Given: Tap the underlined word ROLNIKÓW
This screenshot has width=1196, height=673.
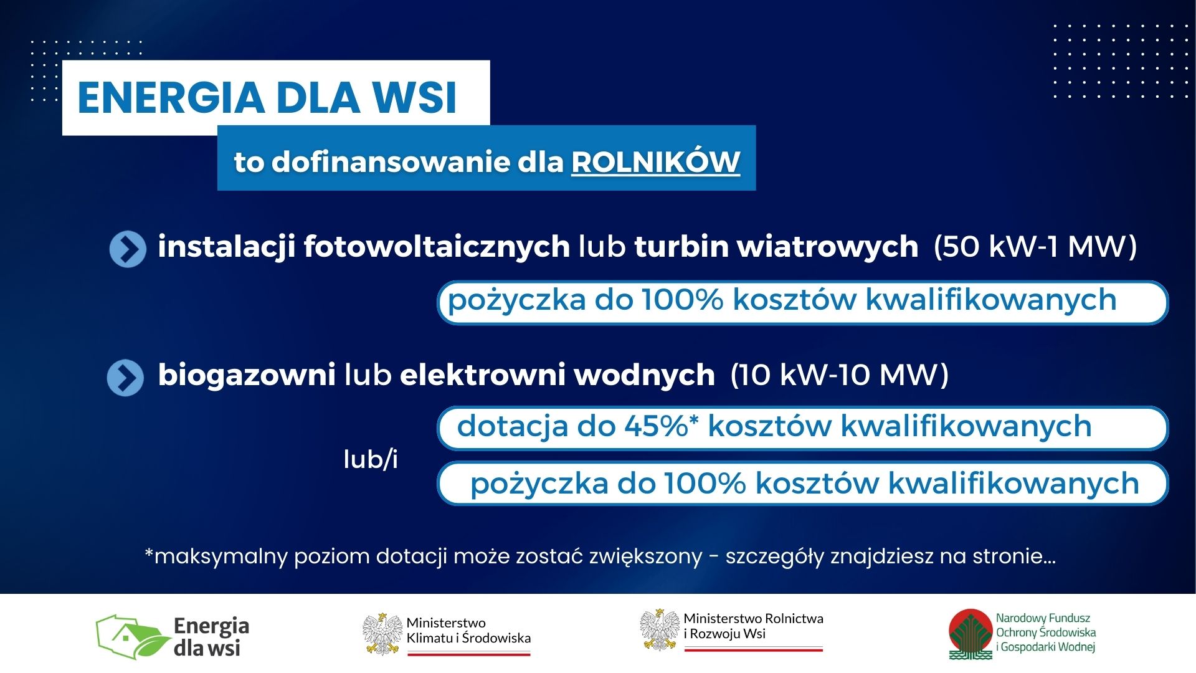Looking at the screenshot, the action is pyautogui.click(x=655, y=161).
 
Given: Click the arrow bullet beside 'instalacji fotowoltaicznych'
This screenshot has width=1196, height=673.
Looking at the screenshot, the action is pyautogui.click(x=128, y=249).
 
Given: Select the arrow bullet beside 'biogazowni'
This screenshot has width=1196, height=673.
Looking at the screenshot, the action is pyautogui.click(x=125, y=378).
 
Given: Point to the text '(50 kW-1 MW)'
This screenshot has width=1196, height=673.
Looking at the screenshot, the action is pyautogui.click(x=1035, y=247).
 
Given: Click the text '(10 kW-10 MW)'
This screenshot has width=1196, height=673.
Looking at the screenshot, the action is pyautogui.click(x=839, y=375).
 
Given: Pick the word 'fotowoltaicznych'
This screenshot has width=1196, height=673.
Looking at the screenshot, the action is pyautogui.click(x=437, y=247).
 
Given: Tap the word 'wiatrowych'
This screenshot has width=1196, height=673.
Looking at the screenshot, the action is pyautogui.click(x=828, y=246).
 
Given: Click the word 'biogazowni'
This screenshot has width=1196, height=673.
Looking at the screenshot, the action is pyautogui.click(x=247, y=375).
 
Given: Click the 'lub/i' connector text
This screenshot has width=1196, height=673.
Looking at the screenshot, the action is pyautogui.click(x=371, y=459).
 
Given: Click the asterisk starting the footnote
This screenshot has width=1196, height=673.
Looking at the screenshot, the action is pyautogui.click(x=149, y=551).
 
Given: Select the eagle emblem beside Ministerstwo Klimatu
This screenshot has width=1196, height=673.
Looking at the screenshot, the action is pyautogui.click(x=382, y=634).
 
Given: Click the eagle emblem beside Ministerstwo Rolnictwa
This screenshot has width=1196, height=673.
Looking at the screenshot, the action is pyautogui.click(x=660, y=630).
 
